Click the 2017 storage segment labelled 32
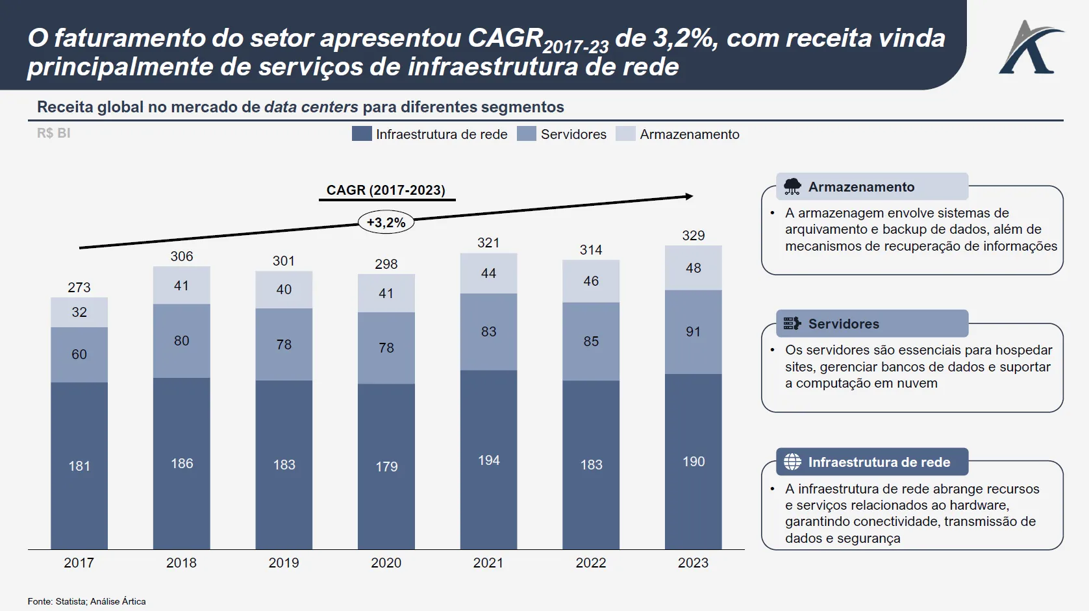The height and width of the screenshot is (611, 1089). (x=79, y=312)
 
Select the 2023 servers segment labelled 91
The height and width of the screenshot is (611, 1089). (x=693, y=332)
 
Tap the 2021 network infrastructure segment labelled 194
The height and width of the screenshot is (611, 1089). (x=488, y=460)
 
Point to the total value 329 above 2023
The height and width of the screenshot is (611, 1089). (x=693, y=236)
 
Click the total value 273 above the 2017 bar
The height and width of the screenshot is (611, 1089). (x=79, y=287)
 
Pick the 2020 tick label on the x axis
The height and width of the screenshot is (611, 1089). (x=386, y=563)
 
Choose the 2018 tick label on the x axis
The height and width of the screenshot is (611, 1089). (x=181, y=563)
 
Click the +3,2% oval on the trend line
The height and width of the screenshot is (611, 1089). (x=386, y=223)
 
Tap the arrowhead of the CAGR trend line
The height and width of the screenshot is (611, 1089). (x=689, y=196)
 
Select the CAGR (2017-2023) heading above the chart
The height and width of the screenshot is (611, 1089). (x=386, y=190)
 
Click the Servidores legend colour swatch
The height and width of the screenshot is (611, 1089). (x=527, y=134)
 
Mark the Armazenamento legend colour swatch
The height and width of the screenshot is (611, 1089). (x=625, y=134)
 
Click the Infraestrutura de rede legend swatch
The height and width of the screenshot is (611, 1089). (x=362, y=134)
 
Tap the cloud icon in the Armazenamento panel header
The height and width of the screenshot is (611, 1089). (x=792, y=187)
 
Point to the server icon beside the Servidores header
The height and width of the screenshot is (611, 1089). (x=792, y=323)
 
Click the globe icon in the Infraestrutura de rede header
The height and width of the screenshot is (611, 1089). (x=792, y=462)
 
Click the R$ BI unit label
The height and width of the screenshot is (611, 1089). (x=54, y=133)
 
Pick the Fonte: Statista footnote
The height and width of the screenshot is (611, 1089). (x=86, y=601)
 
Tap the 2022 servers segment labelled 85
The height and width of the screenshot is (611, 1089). (x=591, y=342)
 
